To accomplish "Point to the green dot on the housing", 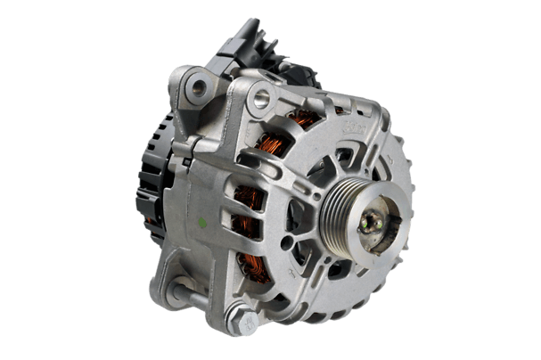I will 204,221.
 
